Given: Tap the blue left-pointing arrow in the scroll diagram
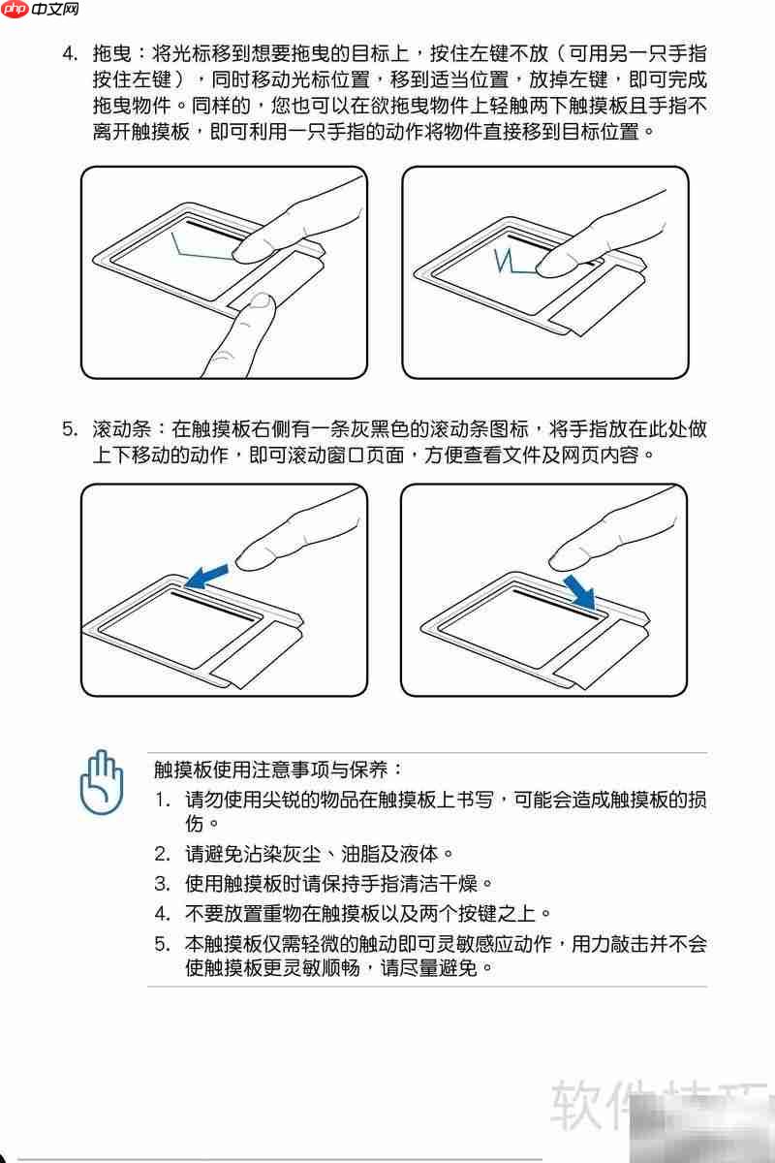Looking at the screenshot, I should (x=207, y=577).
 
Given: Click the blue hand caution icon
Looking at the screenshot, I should (x=102, y=781).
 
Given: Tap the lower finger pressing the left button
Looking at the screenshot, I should (x=247, y=320).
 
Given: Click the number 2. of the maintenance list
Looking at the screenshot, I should (x=162, y=854).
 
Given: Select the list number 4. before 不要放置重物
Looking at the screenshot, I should (x=162, y=912).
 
